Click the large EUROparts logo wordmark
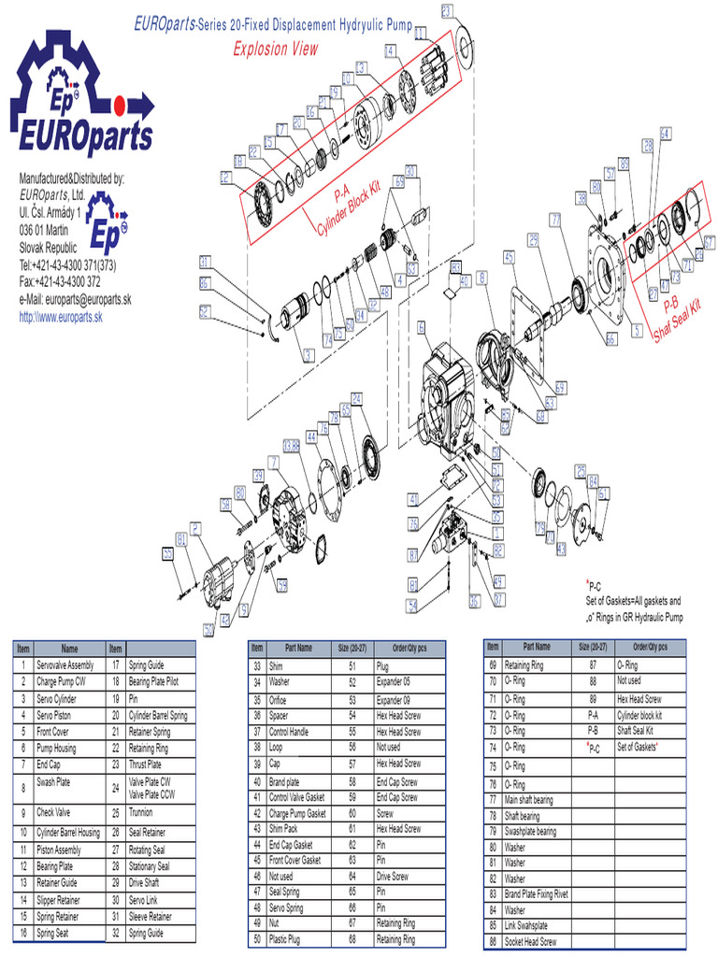coord(81,136)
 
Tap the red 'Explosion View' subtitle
coord(275,49)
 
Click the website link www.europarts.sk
coord(61,318)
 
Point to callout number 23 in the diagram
coord(447,11)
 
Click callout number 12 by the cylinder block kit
coord(225,177)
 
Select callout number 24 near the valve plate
coord(356,399)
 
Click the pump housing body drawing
coord(447,393)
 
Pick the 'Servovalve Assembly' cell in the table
coord(65,664)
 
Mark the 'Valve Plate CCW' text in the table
coord(151,793)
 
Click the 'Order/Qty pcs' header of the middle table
coord(409,647)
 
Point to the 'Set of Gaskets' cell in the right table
coord(639,749)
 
